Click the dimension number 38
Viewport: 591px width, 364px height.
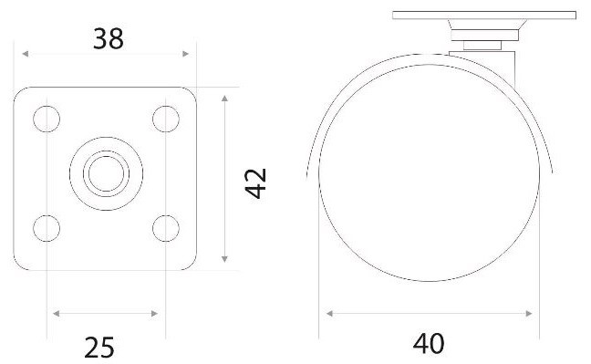[x=109, y=39]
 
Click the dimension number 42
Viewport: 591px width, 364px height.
[x=256, y=183]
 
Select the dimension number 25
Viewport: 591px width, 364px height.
[x=99, y=348]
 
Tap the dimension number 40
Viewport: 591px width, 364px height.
[x=429, y=344]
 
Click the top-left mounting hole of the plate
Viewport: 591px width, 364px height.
[x=47, y=119]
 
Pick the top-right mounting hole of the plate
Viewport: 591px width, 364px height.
[x=166, y=119]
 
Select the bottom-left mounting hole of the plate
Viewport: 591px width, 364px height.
[x=47, y=228]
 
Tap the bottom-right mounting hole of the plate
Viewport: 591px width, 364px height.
[x=166, y=228]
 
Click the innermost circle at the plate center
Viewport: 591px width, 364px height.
[x=107, y=174]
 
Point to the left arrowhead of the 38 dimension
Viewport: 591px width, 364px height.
[x=26, y=54]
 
